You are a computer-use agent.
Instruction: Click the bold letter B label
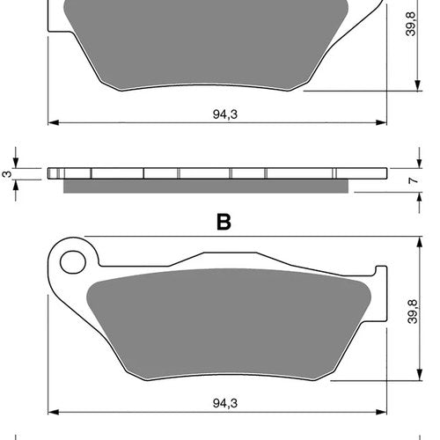tap(224, 222)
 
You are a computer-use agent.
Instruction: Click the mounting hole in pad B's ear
tap(73, 262)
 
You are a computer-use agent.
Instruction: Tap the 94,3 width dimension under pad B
tap(225, 403)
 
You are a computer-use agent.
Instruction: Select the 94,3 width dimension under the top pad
tap(225, 114)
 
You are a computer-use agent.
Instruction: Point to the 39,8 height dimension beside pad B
tap(413, 312)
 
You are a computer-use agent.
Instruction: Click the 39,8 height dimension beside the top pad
tap(411, 24)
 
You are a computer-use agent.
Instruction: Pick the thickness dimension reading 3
tap(7, 174)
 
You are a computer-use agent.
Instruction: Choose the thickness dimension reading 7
tap(413, 180)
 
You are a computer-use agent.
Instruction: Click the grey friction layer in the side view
tap(206, 187)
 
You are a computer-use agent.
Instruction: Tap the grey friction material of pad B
tap(229, 324)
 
